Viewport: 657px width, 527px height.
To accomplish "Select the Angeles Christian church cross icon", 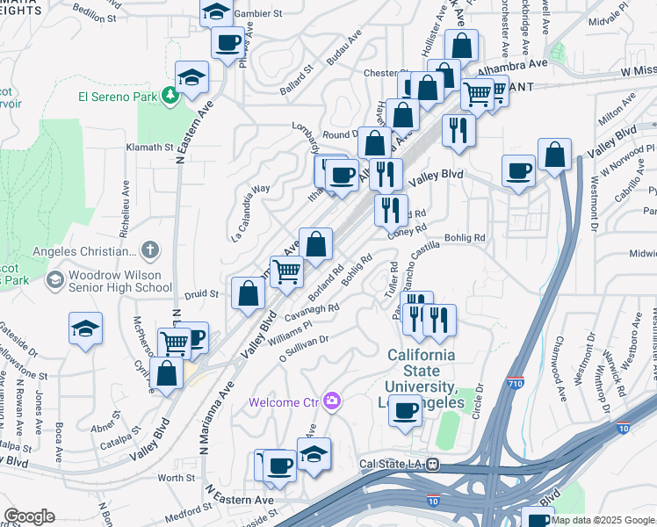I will click(150, 250).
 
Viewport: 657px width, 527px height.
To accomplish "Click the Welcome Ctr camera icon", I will click(331, 401).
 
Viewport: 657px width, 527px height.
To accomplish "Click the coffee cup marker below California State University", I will click(405, 410).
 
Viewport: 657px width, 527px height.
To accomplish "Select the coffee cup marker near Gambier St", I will click(227, 42).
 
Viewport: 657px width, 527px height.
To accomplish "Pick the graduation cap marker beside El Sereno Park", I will click(191, 77).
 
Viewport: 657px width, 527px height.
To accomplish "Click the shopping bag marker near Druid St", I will click(249, 293).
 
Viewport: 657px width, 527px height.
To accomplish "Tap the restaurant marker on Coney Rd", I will click(391, 210).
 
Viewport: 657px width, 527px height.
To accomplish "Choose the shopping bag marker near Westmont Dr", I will click(555, 155).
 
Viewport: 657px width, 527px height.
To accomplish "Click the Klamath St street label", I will click(150, 147).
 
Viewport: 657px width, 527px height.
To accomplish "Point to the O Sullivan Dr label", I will click(304, 349).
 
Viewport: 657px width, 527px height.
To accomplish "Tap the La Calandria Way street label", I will click(250, 213).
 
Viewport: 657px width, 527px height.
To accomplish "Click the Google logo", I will click(29, 516).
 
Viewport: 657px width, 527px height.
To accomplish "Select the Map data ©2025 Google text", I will click(602, 520).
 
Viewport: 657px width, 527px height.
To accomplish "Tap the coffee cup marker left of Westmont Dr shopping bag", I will click(519, 171).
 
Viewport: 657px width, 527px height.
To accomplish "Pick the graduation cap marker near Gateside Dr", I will click(85, 329).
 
